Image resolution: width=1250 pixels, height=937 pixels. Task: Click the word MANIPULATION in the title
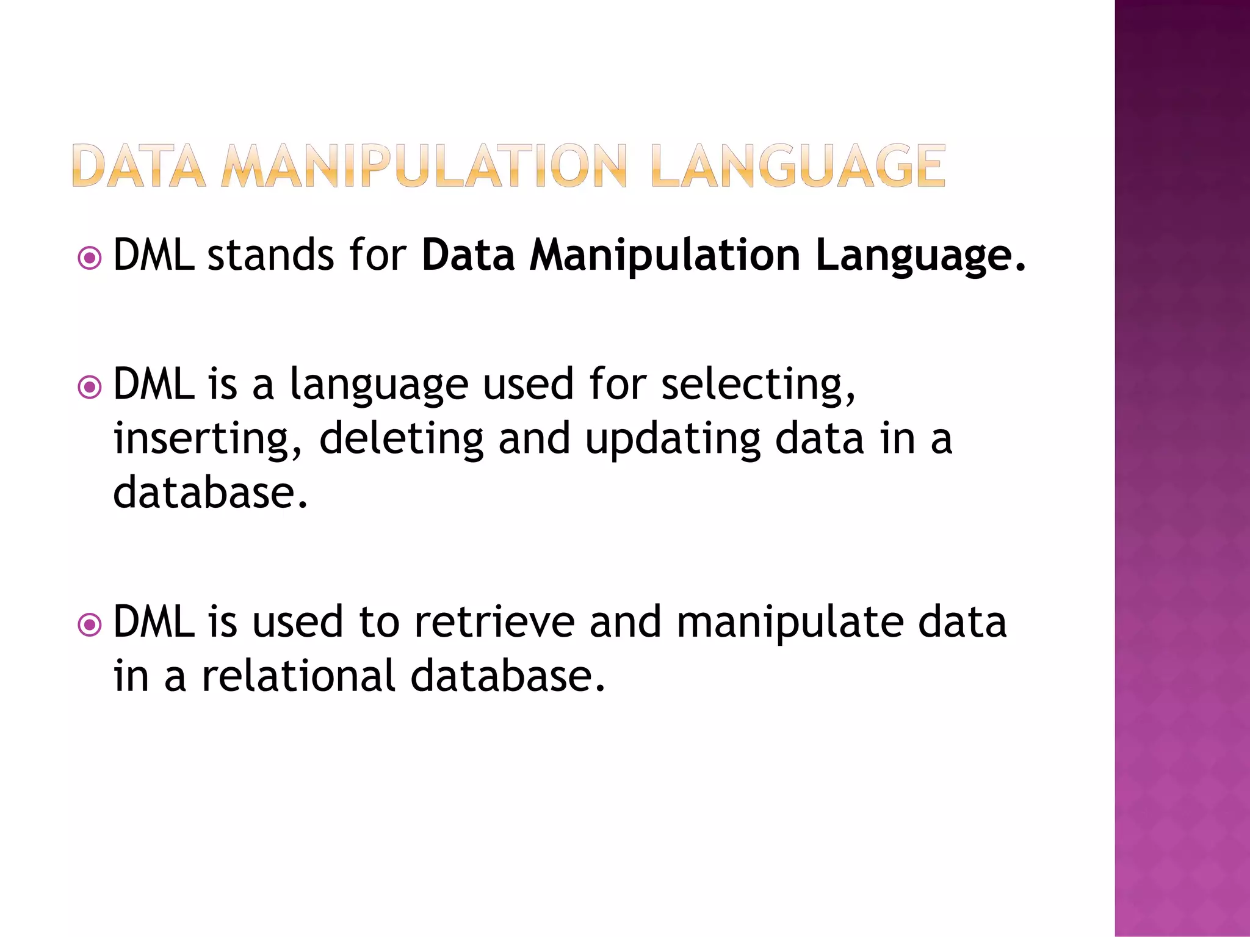coord(424,165)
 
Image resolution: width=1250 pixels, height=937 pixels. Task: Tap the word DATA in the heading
coord(139,165)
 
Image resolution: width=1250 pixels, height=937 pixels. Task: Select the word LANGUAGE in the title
coord(798,165)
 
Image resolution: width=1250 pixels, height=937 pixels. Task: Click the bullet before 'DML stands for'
coord(90,258)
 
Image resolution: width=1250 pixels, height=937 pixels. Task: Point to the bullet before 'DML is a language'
coord(90,387)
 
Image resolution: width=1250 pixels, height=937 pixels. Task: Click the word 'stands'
coord(270,255)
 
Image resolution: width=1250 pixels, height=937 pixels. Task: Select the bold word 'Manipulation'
coord(665,256)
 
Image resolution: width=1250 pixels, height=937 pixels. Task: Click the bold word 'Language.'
coord(921,256)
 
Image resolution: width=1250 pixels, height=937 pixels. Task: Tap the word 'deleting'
coord(401,440)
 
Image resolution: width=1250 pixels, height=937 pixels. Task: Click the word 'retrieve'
coord(494,623)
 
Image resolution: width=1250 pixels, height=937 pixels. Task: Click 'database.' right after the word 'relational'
coord(508,676)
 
